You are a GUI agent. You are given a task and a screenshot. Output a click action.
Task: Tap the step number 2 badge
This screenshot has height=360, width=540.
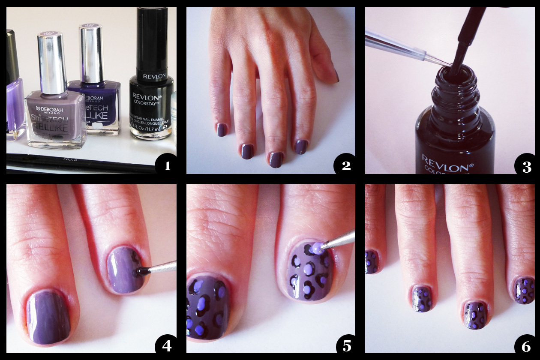[x=346, y=165]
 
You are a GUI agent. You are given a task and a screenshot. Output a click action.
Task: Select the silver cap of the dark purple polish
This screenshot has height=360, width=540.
[x=91, y=51]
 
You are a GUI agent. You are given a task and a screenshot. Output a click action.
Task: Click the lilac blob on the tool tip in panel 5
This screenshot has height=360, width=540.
[x=316, y=247]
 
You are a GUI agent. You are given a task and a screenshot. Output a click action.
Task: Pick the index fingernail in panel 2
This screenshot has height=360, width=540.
[x=301, y=147]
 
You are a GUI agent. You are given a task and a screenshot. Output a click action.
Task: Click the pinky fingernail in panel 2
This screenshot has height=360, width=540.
[x=221, y=129]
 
